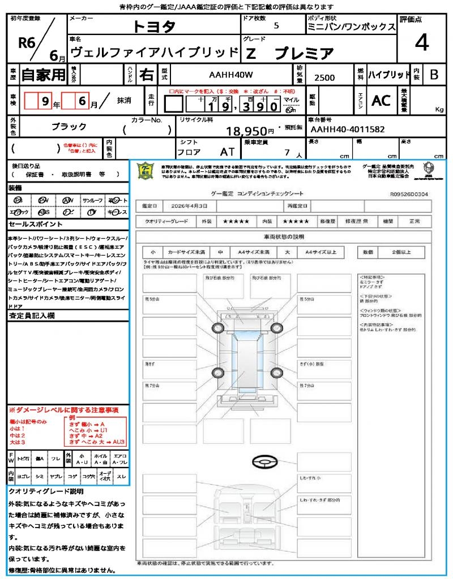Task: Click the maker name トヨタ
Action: [154, 27]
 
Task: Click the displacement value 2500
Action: [324, 77]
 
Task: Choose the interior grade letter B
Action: [434, 74]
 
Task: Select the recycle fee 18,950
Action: [246, 131]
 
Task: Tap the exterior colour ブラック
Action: [69, 127]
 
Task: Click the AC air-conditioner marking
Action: [381, 100]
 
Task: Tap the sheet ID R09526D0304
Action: [409, 193]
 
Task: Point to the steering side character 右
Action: [147, 74]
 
